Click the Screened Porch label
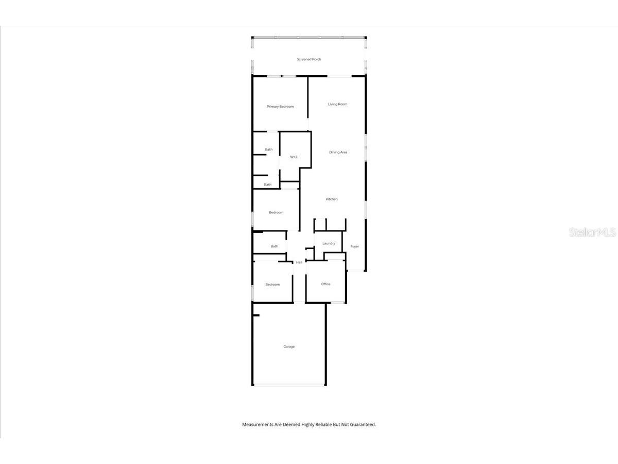(x=309, y=59)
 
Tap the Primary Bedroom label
(x=280, y=107)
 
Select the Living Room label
(x=338, y=104)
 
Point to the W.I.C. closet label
(x=294, y=157)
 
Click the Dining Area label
(x=338, y=152)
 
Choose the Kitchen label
(x=332, y=199)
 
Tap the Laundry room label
(x=329, y=243)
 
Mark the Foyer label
(x=355, y=246)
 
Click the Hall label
(x=299, y=262)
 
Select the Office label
(x=325, y=284)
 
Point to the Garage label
(x=289, y=346)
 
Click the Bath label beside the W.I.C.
(x=269, y=150)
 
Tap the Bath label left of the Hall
(x=274, y=246)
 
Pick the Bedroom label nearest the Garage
(x=272, y=285)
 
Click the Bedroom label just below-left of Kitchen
(x=276, y=212)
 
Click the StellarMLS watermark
(x=592, y=233)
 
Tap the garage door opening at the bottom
(x=289, y=385)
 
